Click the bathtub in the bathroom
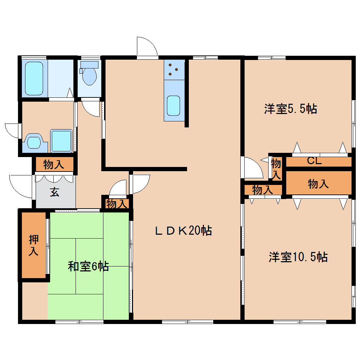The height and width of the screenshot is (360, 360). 34,78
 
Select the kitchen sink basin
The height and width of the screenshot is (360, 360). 173,106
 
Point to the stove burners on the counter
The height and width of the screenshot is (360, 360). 173,69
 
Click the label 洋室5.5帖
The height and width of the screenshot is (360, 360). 290,109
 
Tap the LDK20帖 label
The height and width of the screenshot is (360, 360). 184,230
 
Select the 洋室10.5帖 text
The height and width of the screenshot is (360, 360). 298,257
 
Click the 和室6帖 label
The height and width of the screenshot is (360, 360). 88,266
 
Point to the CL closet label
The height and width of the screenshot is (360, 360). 314,161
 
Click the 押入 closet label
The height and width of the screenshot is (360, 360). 34,245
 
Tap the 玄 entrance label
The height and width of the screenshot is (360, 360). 55,192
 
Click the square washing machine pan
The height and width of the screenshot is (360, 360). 61,141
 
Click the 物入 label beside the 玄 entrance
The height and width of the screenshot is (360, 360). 54,164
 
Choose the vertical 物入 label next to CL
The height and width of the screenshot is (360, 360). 276,169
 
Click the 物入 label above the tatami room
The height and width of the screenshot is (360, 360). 117,204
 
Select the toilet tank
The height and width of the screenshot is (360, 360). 89,65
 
